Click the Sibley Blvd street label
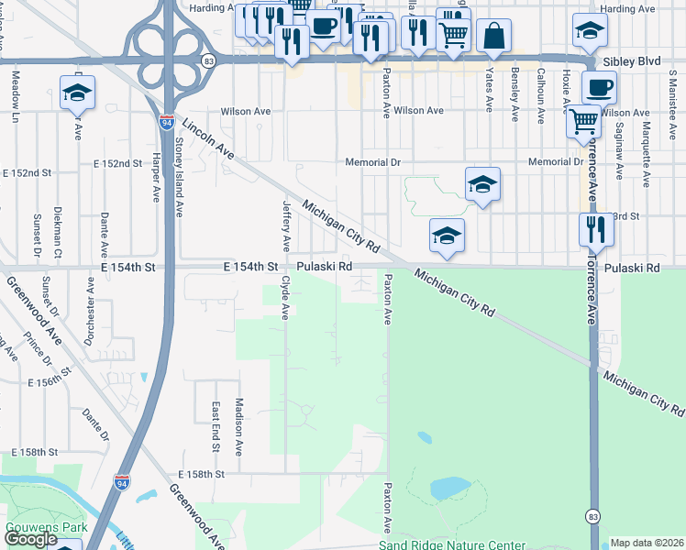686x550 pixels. click(632, 61)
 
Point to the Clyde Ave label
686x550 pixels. click(285, 297)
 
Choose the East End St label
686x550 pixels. click(215, 427)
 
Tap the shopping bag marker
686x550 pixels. click(493, 36)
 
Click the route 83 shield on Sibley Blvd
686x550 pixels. click(210, 60)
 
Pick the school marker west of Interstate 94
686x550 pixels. click(78, 92)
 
